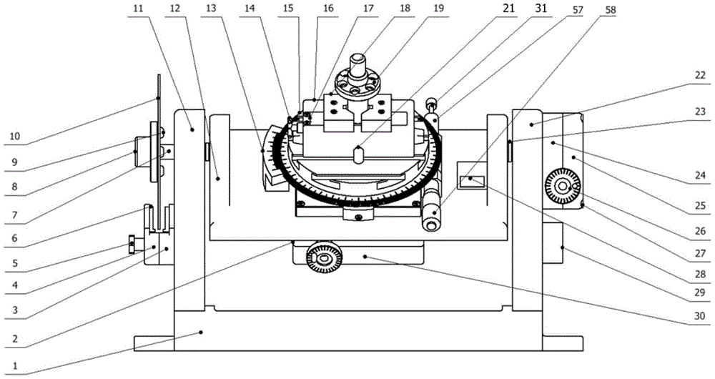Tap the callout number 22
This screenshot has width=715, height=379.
click(x=701, y=76)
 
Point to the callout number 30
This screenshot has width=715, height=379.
click(x=699, y=315)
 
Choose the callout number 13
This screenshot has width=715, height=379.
click(x=211, y=9)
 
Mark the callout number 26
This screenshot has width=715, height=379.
click(x=701, y=231)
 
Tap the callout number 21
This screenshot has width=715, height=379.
click(x=508, y=9)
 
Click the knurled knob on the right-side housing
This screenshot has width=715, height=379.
click(x=563, y=187)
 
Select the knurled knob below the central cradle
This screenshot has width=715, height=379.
click(x=323, y=260)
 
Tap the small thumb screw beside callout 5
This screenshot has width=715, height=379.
click(x=132, y=245)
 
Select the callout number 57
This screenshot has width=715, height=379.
click(x=577, y=9)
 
